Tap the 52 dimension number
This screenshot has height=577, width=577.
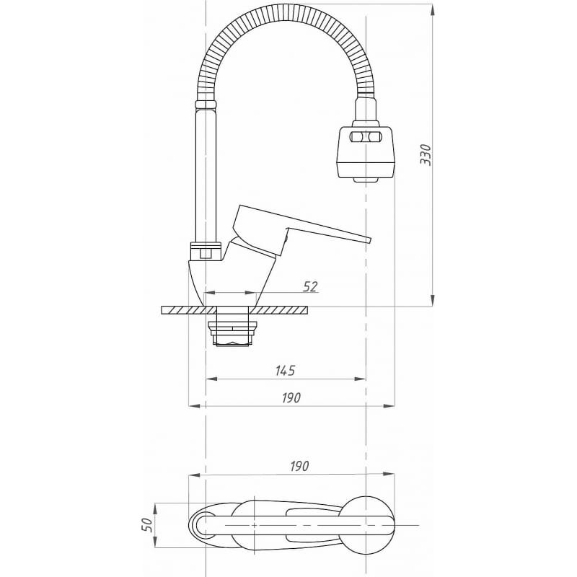[310, 286]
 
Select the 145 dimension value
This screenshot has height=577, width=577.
[286, 371]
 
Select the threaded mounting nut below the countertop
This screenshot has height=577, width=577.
[232, 330]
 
